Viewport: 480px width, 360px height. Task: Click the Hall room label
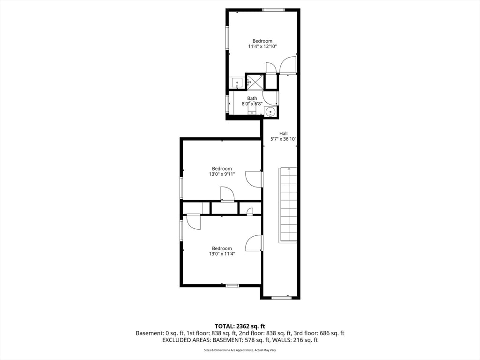[283, 133]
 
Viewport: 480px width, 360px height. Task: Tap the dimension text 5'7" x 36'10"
[283, 139]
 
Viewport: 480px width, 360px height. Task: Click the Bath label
[252, 98]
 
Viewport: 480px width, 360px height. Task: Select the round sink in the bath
[270, 112]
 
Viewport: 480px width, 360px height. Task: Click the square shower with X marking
[255, 82]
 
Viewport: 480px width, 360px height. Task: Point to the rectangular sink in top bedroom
[237, 83]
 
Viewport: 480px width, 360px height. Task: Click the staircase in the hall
[288, 205]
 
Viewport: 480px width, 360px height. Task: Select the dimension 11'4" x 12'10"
[262, 46]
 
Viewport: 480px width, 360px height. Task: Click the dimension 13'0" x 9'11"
[222, 174]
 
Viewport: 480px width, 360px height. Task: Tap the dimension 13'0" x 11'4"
[222, 254]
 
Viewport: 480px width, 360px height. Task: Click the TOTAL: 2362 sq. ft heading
[240, 326]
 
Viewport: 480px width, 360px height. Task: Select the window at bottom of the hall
[281, 297]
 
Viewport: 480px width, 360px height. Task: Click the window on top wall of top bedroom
[273, 10]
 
